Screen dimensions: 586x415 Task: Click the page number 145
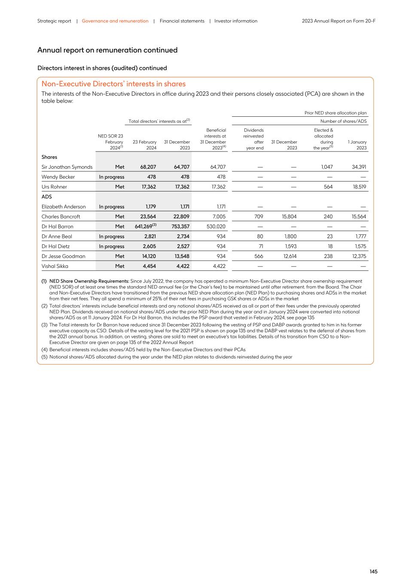coord(373,571)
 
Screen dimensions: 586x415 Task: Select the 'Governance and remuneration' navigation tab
coord(115,21)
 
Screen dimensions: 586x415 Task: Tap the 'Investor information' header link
coord(236,21)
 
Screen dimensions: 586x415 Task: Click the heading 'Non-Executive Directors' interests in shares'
coord(113,84)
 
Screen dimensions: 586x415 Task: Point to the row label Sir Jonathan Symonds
coord(67,167)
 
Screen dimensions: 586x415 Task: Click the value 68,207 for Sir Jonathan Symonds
coord(148,167)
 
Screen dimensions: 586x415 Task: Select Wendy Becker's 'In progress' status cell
coord(111,177)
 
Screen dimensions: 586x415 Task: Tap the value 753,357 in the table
coord(180,227)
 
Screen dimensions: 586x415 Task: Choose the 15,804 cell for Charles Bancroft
coord(289,217)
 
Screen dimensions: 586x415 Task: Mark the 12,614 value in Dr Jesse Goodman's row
coord(289,256)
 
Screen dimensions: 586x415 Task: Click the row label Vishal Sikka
coord(55,266)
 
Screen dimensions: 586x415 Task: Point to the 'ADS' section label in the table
coord(46,197)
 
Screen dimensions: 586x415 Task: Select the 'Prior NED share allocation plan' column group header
coord(336,113)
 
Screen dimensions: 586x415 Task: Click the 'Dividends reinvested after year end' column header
coord(253,139)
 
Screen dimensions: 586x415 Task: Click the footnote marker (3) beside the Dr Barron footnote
coord(44,325)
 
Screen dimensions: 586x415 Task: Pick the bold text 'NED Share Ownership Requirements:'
coord(89,281)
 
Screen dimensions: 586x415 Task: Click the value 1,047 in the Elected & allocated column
coord(327,167)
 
